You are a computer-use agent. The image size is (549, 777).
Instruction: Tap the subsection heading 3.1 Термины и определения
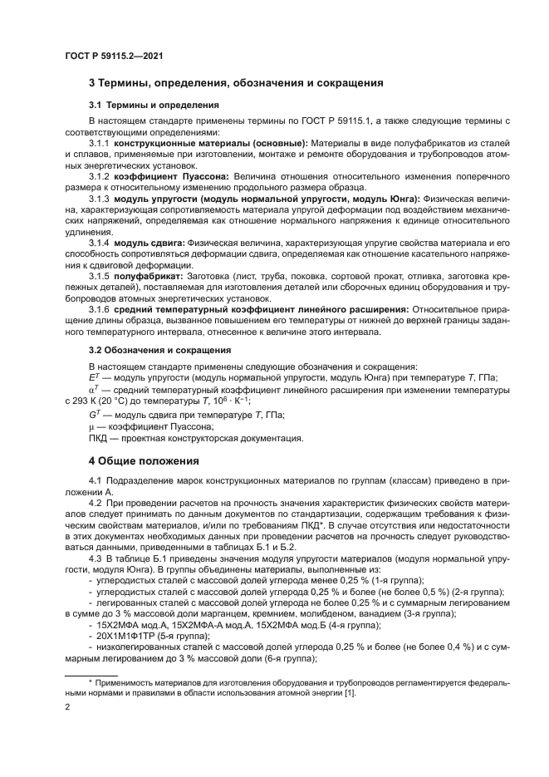[154, 106]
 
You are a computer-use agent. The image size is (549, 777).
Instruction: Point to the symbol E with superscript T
[93, 376]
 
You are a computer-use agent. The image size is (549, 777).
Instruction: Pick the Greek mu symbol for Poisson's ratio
[91, 425]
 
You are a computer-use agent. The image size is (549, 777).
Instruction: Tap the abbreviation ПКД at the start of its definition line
[100, 438]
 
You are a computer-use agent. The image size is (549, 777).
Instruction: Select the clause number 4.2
[96, 504]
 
